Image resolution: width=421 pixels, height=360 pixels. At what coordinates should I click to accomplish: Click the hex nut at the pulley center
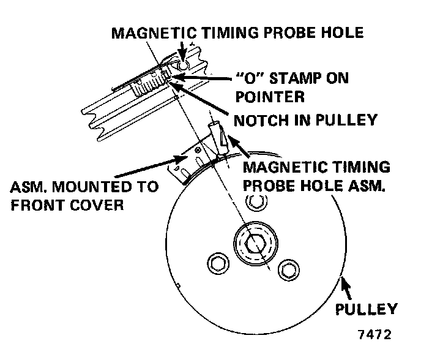(x=254, y=243)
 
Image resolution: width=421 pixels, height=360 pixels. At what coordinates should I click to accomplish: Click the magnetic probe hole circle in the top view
(x=182, y=66)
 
